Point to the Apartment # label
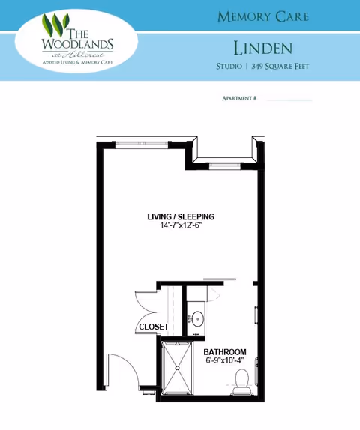(x=240, y=99)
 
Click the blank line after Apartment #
(x=289, y=100)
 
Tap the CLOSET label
(x=153, y=327)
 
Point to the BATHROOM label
(x=225, y=352)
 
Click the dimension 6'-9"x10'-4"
(x=225, y=361)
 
